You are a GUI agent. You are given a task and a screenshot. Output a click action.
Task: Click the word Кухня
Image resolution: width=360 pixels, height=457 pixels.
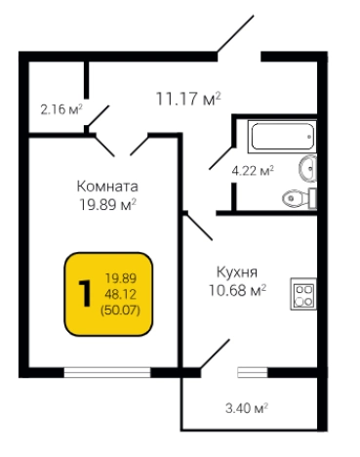(237, 273)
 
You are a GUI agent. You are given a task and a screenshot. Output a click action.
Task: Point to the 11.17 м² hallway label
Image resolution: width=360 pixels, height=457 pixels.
(188, 98)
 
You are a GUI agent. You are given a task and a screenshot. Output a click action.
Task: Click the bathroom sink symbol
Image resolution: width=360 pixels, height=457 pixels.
(307, 167)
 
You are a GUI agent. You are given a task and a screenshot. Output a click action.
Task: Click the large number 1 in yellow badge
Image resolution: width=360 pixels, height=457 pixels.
(85, 291)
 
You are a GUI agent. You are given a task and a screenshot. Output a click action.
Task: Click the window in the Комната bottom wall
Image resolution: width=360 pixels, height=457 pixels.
(106, 372)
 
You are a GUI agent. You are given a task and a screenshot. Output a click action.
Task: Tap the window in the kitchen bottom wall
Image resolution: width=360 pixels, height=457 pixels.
(251, 372)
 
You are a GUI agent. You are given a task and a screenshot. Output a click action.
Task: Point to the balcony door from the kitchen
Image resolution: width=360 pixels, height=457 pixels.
(214, 356)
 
